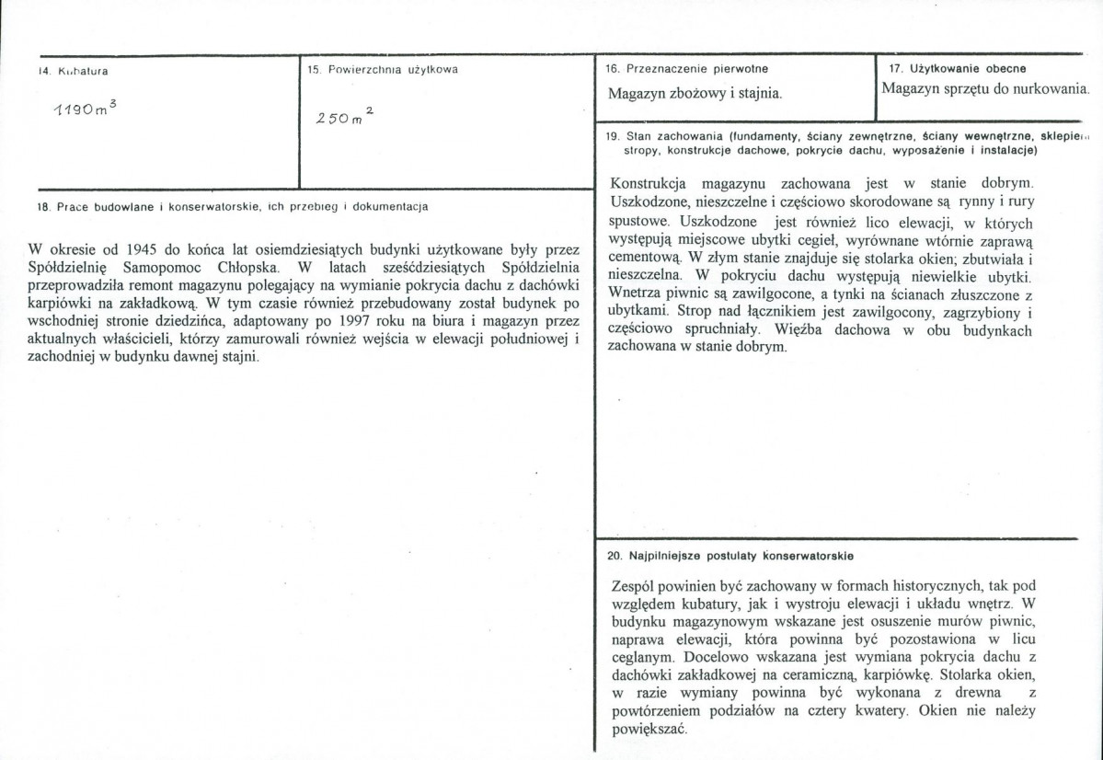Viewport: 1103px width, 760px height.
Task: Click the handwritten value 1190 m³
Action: [84, 108]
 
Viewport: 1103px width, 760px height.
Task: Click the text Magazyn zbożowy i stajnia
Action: [695, 93]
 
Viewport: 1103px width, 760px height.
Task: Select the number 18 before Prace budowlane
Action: [42, 207]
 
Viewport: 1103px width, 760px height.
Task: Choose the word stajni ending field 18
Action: [241, 359]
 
